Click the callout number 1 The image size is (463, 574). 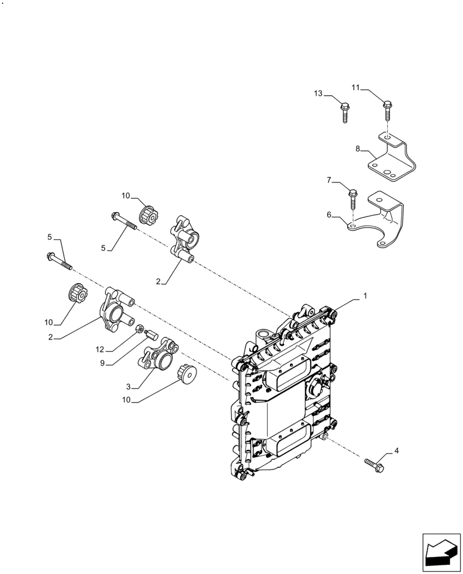364,296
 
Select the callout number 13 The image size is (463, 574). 318,94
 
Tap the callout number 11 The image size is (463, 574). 355,88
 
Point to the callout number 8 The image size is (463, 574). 358,149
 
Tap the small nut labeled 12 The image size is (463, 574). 139,329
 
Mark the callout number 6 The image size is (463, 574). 329,215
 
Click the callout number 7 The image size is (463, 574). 329,180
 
